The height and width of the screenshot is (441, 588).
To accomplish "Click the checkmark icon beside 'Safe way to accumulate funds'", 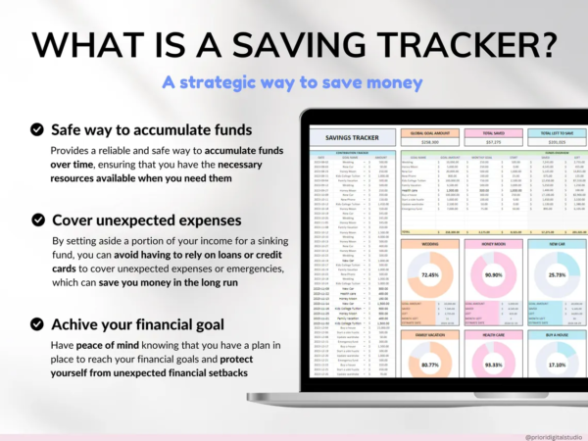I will tap(36, 129).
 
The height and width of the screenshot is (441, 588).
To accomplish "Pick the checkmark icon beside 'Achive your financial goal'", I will tap(36, 324).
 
